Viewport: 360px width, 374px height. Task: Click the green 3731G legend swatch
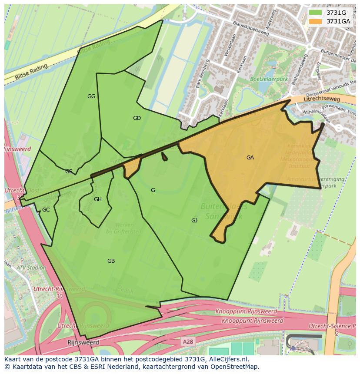pyautogui.click(x=316, y=13)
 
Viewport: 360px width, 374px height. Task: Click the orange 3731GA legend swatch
pyautogui.click(x=316, y=21)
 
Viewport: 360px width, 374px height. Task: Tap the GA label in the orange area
pyautogui.click(x=250, y=158)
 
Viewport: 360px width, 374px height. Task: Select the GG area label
pyautogui.click(x=91, y=96)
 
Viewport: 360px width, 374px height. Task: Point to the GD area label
pyautogui.click(x=137, y=118)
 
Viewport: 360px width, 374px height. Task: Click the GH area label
pyautogui.click(x=98, y=199)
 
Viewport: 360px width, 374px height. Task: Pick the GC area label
pyautogui.click(x=46, y=210)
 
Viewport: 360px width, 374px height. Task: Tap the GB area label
pyautogui.click(x=111, y=261)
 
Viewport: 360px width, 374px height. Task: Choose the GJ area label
pyautogui.click(x=194, y=221)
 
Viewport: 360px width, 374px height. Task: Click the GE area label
pyautogui.click(x=69, y=172)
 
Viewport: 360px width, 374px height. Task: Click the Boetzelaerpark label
pyautogui.click(x=269, y=79)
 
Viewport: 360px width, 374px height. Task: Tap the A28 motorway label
pyautogui.click(x=188, y=342)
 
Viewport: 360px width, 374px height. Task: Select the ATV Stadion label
pyautogui.click(x=31, y=268)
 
